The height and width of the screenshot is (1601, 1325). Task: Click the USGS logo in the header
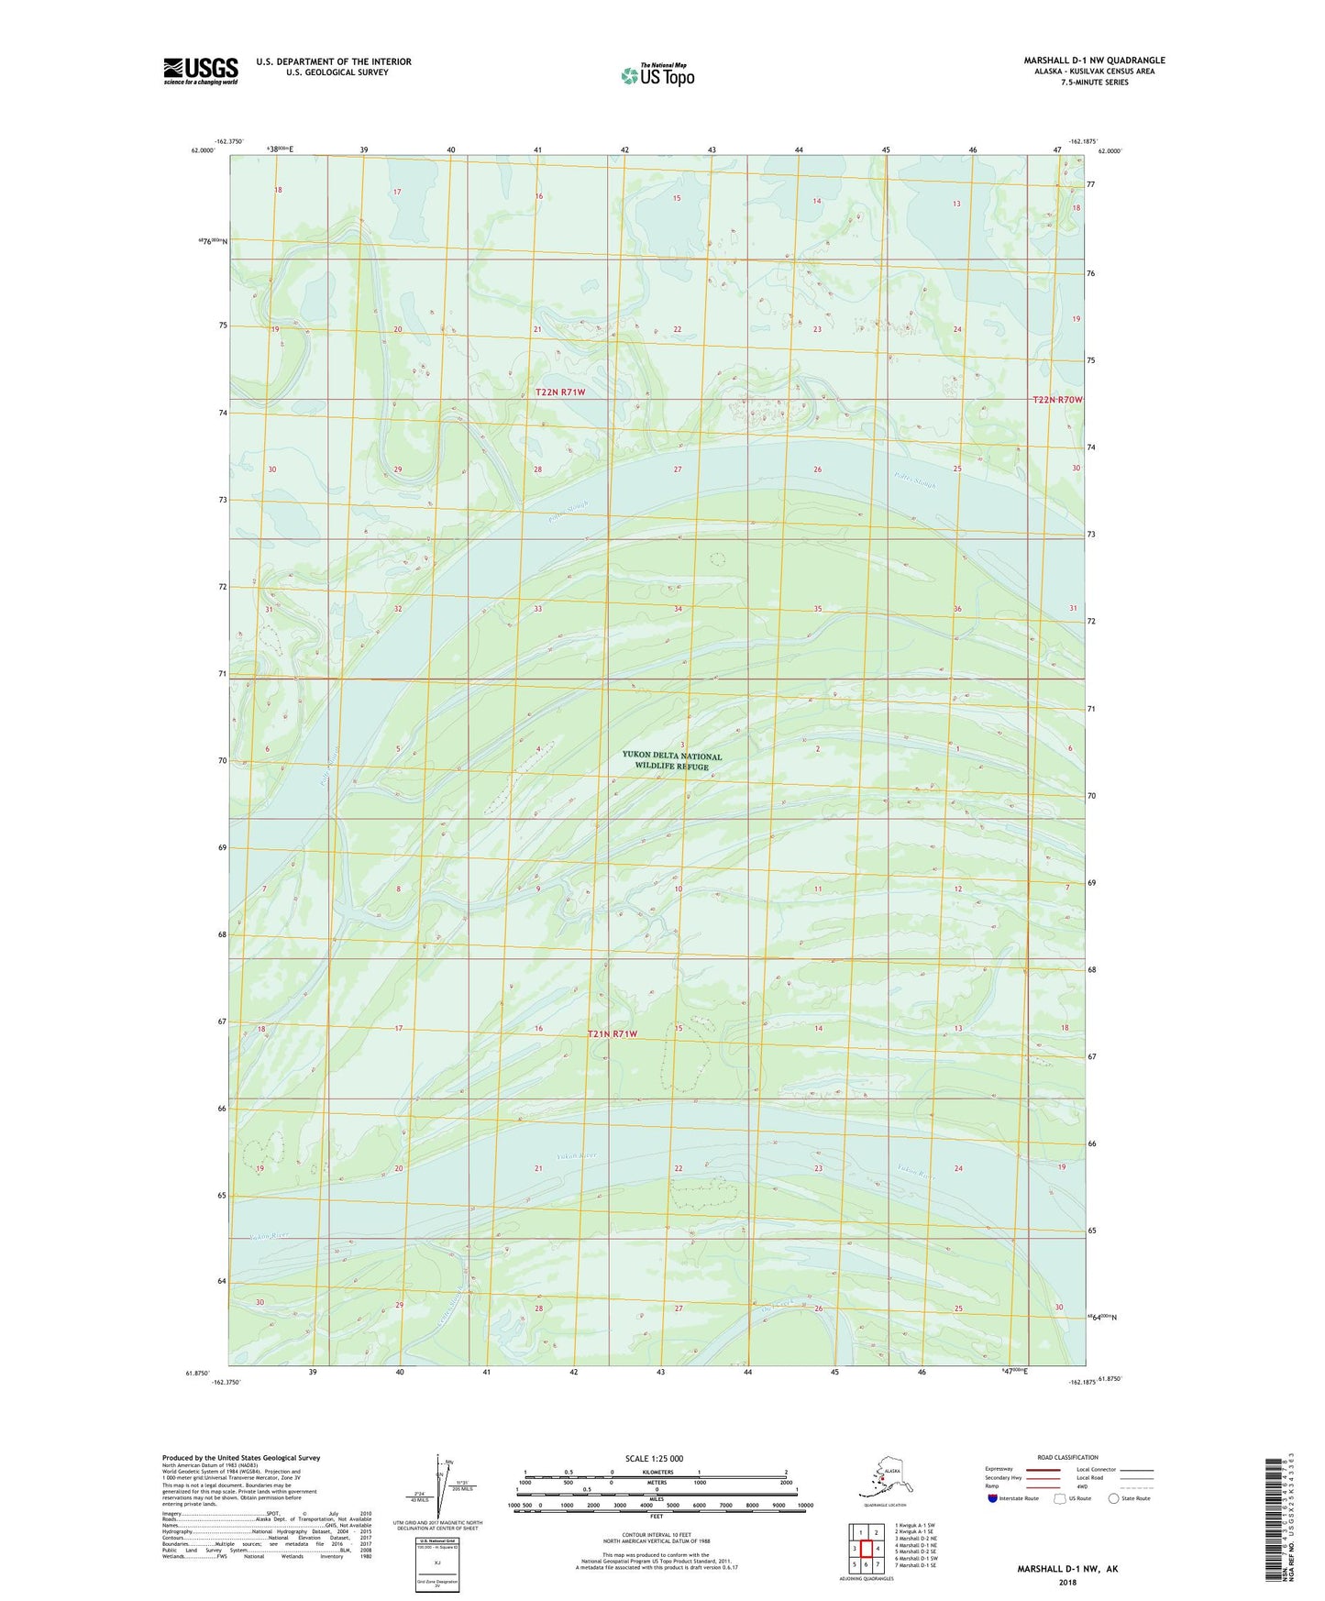coord(200,71)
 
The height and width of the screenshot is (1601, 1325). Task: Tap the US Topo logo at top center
coord(657,75)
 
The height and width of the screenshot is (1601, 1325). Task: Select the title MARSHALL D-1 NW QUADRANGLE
coord(1094,61)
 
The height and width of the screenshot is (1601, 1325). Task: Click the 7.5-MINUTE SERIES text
coord(1094,83)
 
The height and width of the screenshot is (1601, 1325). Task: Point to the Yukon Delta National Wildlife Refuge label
coord(671,761)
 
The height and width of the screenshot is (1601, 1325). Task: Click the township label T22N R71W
coord(559,392)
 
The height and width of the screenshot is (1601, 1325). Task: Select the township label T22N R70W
coord(1057,400)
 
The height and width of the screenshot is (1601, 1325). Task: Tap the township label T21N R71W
coord(612,1033)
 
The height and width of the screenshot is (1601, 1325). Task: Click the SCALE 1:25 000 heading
coord(655,1458)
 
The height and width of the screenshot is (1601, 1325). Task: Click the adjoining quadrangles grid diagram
coord(866,1549)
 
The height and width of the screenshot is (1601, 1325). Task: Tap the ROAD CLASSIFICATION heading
coord(1067,1457)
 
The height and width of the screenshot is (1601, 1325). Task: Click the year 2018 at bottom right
coord(1067,1582)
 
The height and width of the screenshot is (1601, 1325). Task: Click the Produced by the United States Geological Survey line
coord(241,1457)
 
